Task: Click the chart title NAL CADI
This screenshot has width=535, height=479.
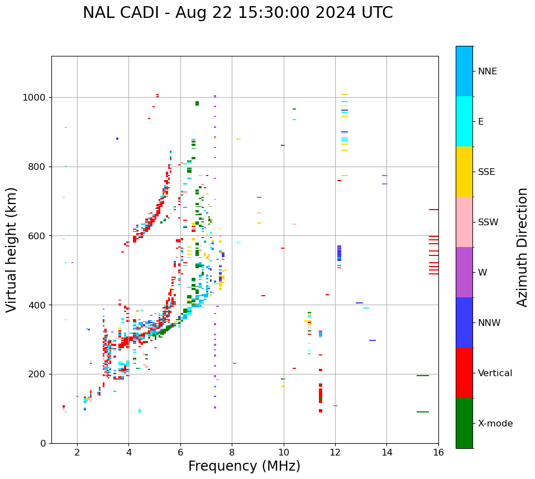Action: click(237, 13)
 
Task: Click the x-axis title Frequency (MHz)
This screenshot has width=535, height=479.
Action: click(244, 466)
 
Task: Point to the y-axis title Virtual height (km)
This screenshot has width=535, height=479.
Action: click(12, 250)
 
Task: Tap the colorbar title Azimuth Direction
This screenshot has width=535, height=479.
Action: click(522, 247)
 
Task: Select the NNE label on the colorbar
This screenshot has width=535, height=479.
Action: click(487, 72)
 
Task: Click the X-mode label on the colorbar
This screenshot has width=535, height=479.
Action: click(495, 424)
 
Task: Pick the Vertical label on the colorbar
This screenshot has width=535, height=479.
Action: click(495, 373)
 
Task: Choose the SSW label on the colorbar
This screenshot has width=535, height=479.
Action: click(488, 222)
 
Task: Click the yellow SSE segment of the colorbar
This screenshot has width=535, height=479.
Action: click(464, 171)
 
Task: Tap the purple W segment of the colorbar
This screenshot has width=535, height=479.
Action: click(464, 272)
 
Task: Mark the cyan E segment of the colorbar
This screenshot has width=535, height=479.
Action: click(464, 121)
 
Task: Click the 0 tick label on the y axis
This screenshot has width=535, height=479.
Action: click(43, 443)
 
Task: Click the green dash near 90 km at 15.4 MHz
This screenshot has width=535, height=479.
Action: click(422, 412)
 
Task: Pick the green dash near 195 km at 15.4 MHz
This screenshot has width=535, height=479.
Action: click(422, 376)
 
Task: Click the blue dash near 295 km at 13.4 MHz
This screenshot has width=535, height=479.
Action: click(372, 340)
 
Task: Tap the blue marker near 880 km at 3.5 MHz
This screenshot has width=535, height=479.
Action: click(117, 139)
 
